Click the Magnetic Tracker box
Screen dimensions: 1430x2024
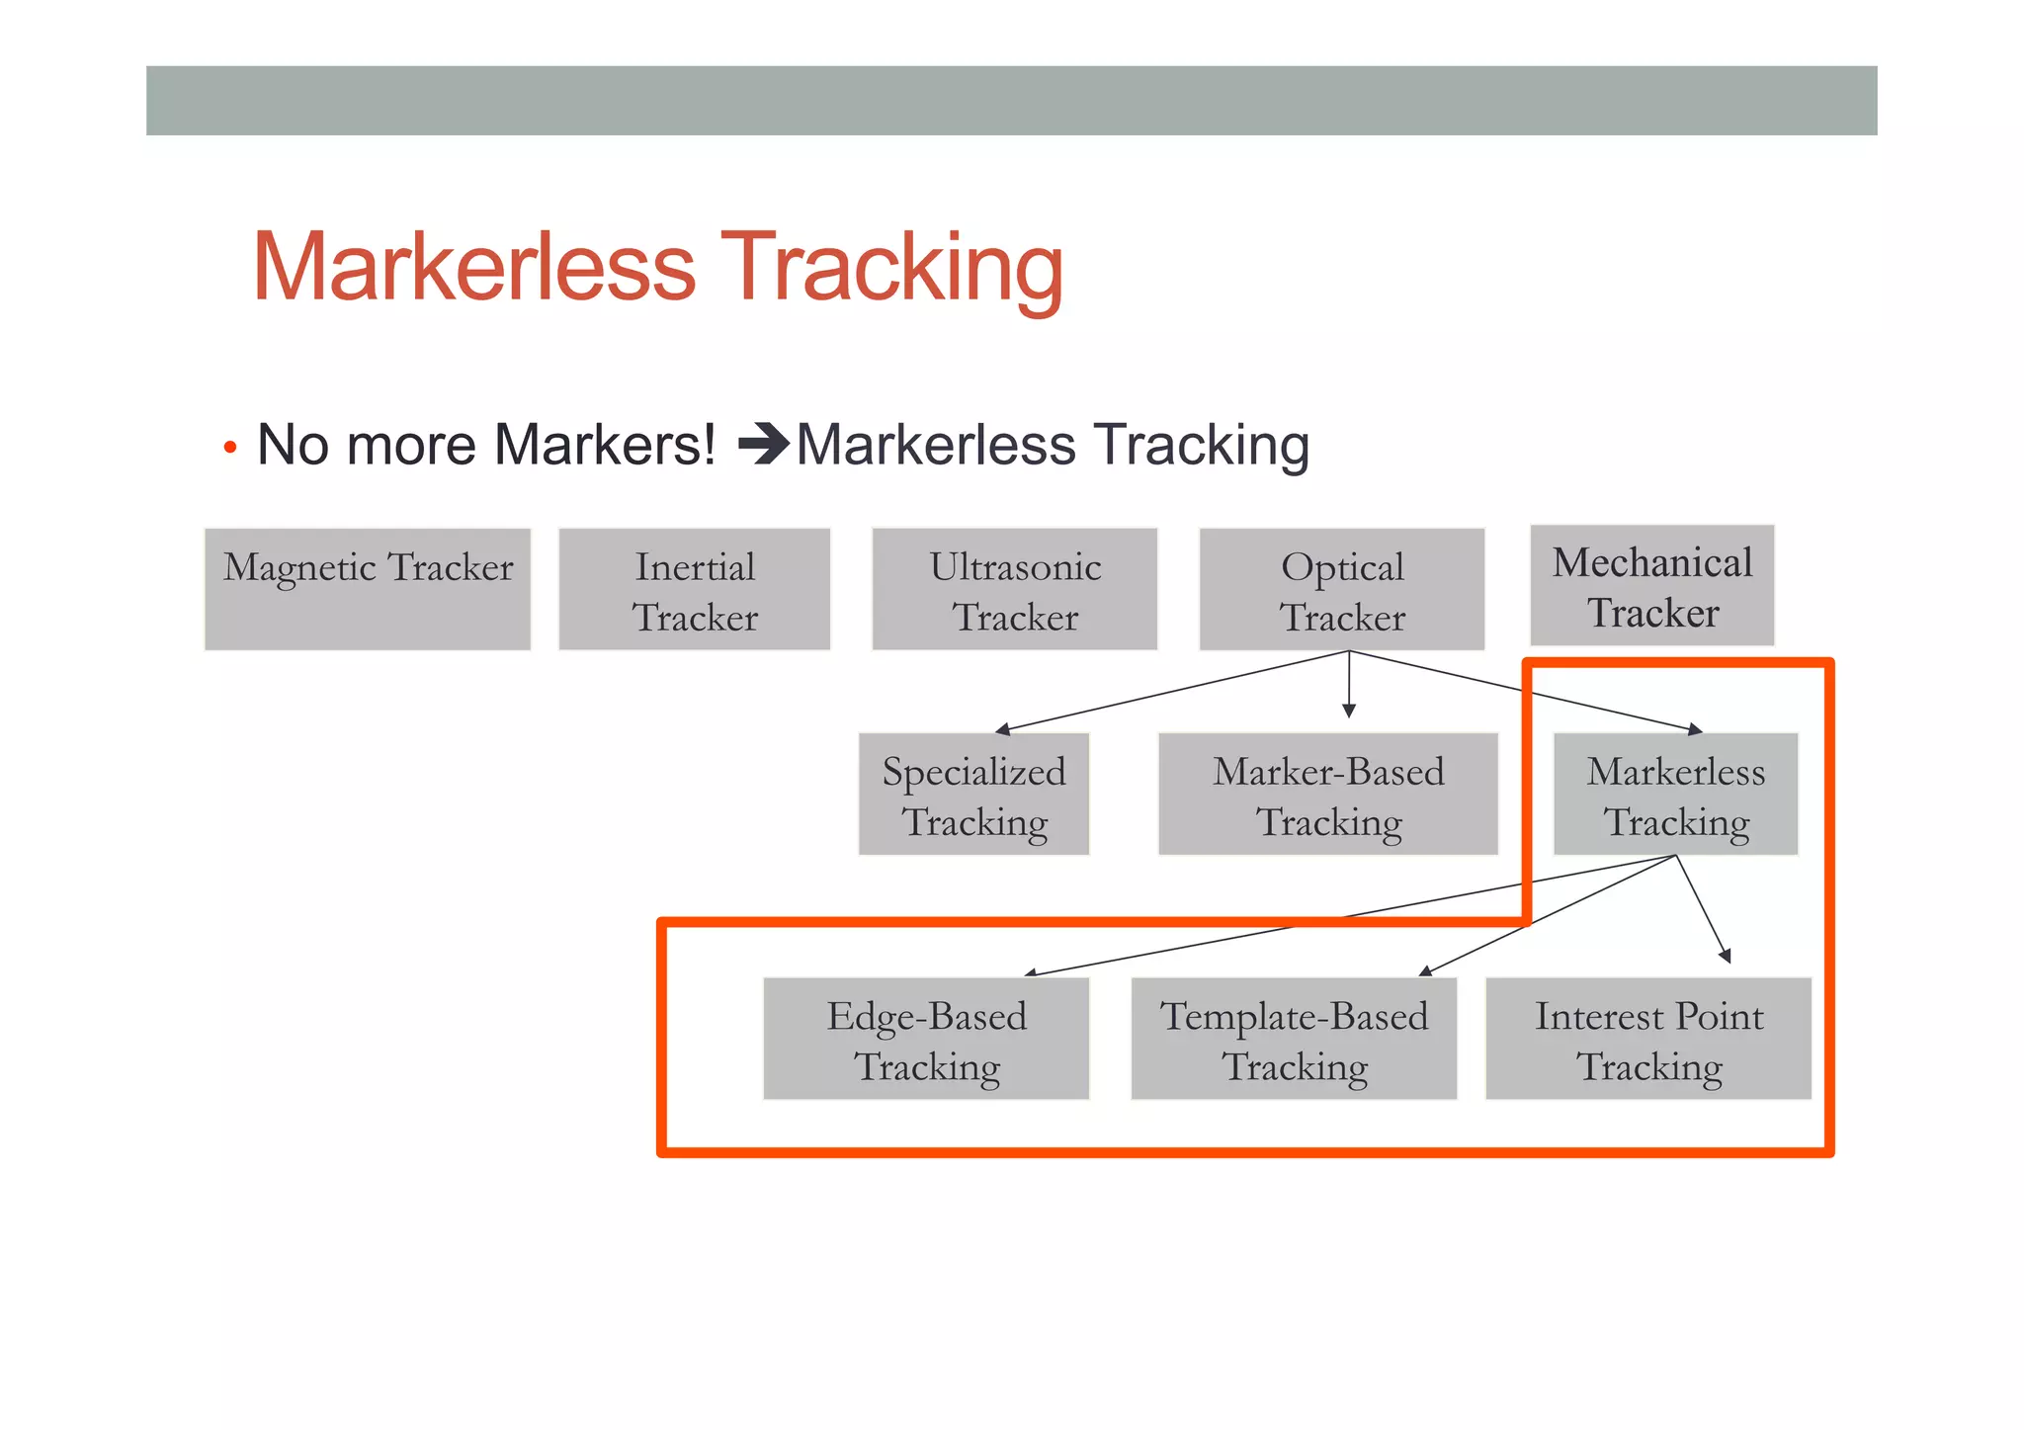[x=368, y=589]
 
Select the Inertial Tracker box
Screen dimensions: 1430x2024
[x=695, y=589]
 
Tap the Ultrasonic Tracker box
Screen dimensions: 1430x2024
[x=1015, y=589]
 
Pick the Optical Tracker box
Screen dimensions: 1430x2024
[x=1342, y=589]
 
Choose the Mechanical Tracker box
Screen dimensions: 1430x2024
[x=1652, y=586]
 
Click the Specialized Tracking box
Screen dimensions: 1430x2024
[x=973, y=794]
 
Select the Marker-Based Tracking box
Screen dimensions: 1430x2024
[x=1328, y=794]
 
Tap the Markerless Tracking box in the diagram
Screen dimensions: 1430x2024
[x=1676, y=794]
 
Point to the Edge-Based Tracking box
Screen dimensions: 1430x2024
[x=926, y=1038]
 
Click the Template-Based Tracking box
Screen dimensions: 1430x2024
[x=1294, y=1038]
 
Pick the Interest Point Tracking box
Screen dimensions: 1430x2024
[x=1648, y=1038]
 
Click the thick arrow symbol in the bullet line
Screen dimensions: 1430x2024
[x=764, y=444]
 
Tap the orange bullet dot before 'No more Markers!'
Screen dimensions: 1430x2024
[x=230, y=448]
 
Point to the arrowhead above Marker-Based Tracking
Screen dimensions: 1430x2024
[x=1349, y=711]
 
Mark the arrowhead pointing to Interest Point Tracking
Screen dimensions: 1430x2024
[x=1725, y=956]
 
